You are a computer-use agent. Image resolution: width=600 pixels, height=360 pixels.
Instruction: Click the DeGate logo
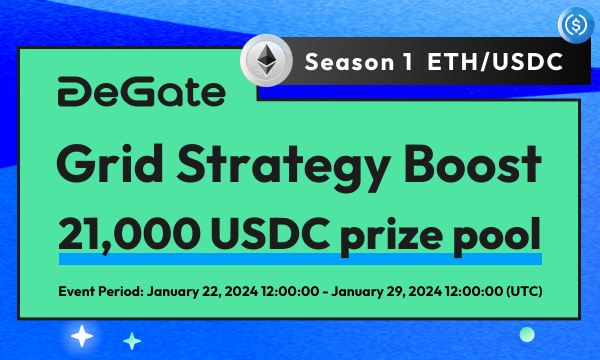pyautogui.click(x=141, y=92)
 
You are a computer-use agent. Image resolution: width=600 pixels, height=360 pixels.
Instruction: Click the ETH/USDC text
pyautogui.click(x=495, y=62)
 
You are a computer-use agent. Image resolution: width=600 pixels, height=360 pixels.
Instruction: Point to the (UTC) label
pyautogui.click(x=525, y=291)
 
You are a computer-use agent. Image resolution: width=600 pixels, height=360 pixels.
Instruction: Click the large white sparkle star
pyautogui.click(x=82, y=336)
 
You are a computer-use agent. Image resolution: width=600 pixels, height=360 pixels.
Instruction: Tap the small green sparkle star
pyautogui.click(x=132, y=341)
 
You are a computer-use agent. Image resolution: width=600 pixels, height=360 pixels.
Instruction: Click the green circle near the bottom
pyautogui.click(x=527, y=334)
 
